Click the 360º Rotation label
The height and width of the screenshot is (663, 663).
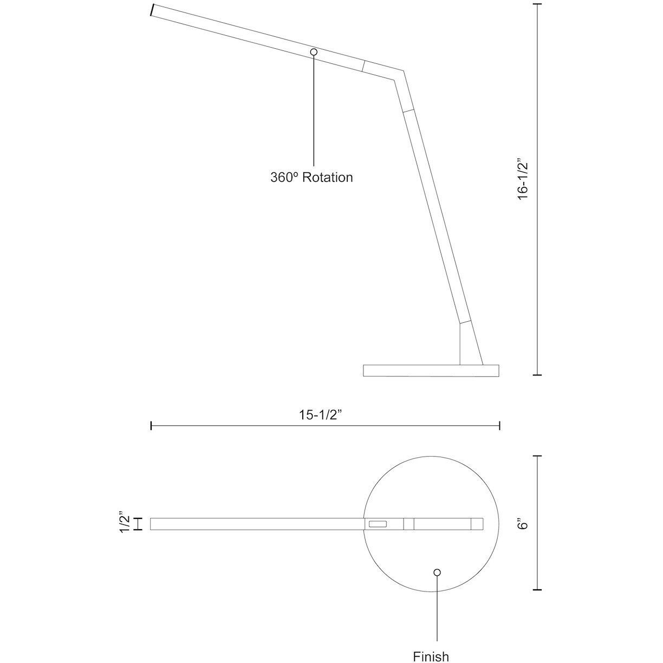pos(311,177)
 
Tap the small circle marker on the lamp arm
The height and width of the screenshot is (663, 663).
pos(314,51)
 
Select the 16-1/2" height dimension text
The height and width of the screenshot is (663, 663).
pos(522,180)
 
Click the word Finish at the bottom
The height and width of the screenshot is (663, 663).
pos(431,656)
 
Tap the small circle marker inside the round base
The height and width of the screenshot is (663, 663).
pos(437,572)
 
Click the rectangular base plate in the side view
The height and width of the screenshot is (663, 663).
pos(431,370)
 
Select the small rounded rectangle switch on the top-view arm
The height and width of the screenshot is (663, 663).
pos(377,524)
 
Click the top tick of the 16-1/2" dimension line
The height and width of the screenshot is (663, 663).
pos(537,4)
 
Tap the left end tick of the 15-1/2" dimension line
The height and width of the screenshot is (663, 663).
pos(151,426)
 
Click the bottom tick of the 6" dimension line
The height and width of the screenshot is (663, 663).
pos(537,589)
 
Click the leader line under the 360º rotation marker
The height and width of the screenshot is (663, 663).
pos(314,108)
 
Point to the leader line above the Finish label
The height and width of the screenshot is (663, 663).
pos(437,612)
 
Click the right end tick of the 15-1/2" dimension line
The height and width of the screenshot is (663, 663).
pos(499,426)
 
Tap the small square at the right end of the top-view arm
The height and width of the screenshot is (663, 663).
pos(477,524)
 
